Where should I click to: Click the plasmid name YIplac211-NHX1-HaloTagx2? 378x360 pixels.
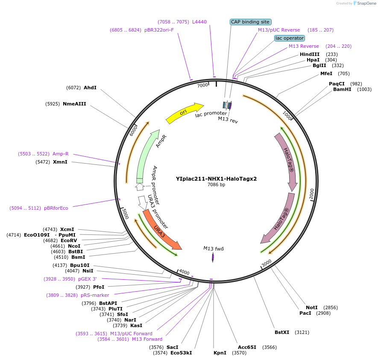[216, 179]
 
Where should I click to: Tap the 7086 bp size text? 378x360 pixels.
[216, 185]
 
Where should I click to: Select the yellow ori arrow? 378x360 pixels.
[184, 113]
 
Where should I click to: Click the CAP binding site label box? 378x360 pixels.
[250, 22]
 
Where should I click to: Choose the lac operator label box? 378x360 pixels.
[290, 38]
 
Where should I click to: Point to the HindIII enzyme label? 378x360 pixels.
[310, 54]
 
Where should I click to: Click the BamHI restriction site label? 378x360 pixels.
[342, 89]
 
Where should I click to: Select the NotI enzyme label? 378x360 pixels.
[312, 307]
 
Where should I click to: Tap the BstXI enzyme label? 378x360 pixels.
[282, 332]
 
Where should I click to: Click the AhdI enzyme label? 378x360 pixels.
[90, 88]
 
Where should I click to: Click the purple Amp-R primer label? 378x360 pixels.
[61, 154]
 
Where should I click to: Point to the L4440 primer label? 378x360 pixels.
[199, 22]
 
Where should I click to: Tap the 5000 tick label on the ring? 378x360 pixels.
[125, 214]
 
